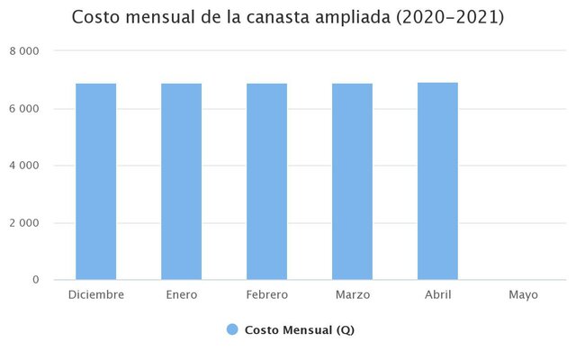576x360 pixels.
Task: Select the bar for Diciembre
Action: click(x=95, y=182)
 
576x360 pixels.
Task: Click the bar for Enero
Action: click(x=181, y=182)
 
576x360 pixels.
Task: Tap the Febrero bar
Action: click(x=266, y=182)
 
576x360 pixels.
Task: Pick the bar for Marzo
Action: click(x=352, y=182)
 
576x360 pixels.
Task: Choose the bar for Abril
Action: click(x=437, y=181)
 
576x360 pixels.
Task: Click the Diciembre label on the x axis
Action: click(x=95, y=294)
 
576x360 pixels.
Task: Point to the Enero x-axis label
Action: click(x=181, y=294)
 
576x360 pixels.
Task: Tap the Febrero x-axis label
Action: click(x=266, y=294)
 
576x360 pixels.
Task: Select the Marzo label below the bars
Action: click(x=352, y=294)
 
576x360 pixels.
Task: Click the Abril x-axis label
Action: click(x=437, y=294)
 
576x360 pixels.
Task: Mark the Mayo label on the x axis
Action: click(x=523, y=294)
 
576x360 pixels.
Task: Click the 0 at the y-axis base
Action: click(x=35, y=280)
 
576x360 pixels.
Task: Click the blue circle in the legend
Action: click(x=232, y=330)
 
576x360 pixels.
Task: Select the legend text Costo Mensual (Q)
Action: click(x=299, y=330)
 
